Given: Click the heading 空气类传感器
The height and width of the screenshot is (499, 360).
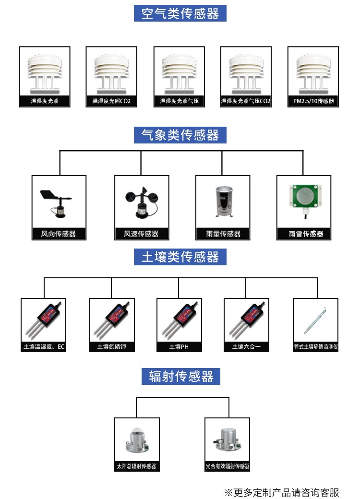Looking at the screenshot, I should pos(180,13).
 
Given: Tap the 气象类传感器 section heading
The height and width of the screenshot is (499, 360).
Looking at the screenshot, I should pos(180,135).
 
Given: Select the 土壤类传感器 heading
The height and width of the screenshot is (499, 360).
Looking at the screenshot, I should pos(180,257).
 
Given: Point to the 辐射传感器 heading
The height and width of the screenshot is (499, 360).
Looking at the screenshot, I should pos(180,376).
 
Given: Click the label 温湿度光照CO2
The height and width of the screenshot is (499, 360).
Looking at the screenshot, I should pos(111,102).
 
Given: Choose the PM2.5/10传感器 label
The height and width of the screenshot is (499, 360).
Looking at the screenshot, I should pos(313,102).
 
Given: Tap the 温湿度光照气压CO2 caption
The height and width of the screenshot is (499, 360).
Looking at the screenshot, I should pos(246,102).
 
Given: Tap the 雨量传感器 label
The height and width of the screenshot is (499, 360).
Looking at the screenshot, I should pos(223,234).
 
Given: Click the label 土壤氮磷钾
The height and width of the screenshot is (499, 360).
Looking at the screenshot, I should pos(112,347).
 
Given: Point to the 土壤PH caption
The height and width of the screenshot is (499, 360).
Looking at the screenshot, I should pos(179,347).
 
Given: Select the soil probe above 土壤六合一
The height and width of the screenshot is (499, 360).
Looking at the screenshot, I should pos(246,319).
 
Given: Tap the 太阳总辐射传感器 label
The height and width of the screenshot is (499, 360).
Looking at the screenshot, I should pos(136,466).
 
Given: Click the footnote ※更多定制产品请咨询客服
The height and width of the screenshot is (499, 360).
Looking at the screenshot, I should pos(282,492).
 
